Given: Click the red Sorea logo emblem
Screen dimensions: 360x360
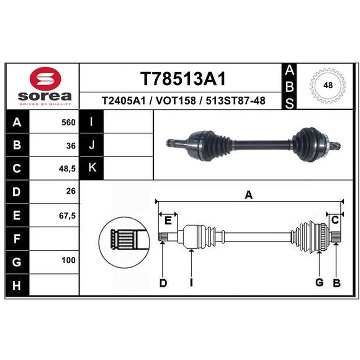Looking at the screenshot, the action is (x=45, y=79).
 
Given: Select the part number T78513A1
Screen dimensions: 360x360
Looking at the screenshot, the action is (x=183, y=79).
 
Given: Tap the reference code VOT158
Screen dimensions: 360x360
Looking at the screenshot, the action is (x=175, y=100).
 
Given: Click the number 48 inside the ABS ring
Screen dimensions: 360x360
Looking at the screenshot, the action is (x=328, y=85).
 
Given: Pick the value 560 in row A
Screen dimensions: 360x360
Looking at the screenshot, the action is (x=68, y=122).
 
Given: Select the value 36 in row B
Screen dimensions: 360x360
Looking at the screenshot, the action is (x=71, y=145).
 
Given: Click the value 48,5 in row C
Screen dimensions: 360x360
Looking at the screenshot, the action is (x=67, y=169).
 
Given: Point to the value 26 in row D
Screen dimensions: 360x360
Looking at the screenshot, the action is (x=71, y=191).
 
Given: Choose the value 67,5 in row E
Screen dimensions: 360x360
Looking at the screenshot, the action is (x=67, y=216).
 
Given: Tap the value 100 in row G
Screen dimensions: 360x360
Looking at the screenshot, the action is (x=68, y=260).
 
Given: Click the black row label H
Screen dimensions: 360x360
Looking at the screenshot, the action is (x=17, y=285).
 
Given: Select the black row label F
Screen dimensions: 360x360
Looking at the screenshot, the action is (x=17, y=238).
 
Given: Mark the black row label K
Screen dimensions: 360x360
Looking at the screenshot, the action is (x=92, y=167).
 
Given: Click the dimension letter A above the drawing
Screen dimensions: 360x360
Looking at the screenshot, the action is (x=249, y=195).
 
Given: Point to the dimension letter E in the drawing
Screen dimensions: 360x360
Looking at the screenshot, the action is (x=168, y=220).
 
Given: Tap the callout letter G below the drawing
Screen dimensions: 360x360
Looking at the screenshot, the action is (x=319, y=282).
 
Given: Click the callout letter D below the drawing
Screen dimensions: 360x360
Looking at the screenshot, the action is (x=163, y=283).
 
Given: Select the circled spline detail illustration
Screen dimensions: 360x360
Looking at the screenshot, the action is (x=124, y=242).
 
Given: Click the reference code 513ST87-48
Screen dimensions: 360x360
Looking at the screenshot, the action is (x=235, y=100).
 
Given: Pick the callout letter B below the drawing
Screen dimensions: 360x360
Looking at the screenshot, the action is (x=337, y=283).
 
